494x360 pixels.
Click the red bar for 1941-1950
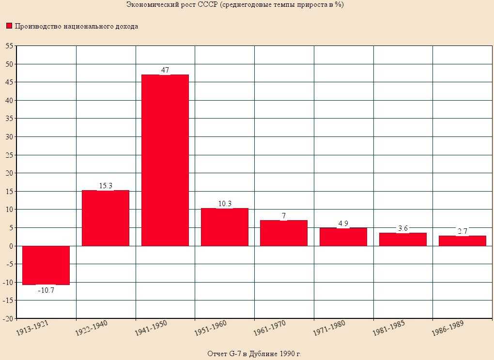[x=165, y=160]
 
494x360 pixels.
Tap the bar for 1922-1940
[x=106, y=218]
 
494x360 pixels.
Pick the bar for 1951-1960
[x=224, y=227]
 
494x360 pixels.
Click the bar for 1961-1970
[x=284, y=233]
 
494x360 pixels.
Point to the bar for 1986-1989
[x=462, y=240]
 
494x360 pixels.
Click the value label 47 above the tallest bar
[x=165, y=70]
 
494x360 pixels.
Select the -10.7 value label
[x=46, y=291]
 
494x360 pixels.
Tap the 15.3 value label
[x=106, y=186]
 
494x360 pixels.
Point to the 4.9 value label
[x=343, y=224]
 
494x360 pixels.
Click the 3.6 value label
[x=402, y=228]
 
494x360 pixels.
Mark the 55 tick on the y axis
[x=9, y=46]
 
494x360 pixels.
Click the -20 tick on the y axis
[x=8, y=319]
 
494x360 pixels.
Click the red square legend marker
[x=9, y=26]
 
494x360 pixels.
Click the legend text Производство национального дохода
[x=77, y=26]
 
